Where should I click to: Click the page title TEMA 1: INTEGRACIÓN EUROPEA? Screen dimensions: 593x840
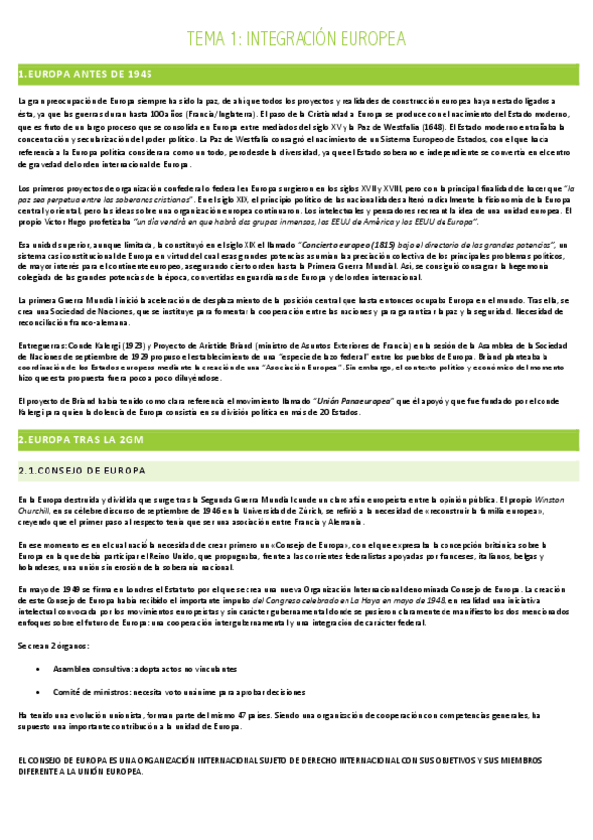[296, 39]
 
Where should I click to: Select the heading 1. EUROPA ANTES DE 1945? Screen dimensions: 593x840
[85, 75]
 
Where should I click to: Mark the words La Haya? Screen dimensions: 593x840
[374, 600]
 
